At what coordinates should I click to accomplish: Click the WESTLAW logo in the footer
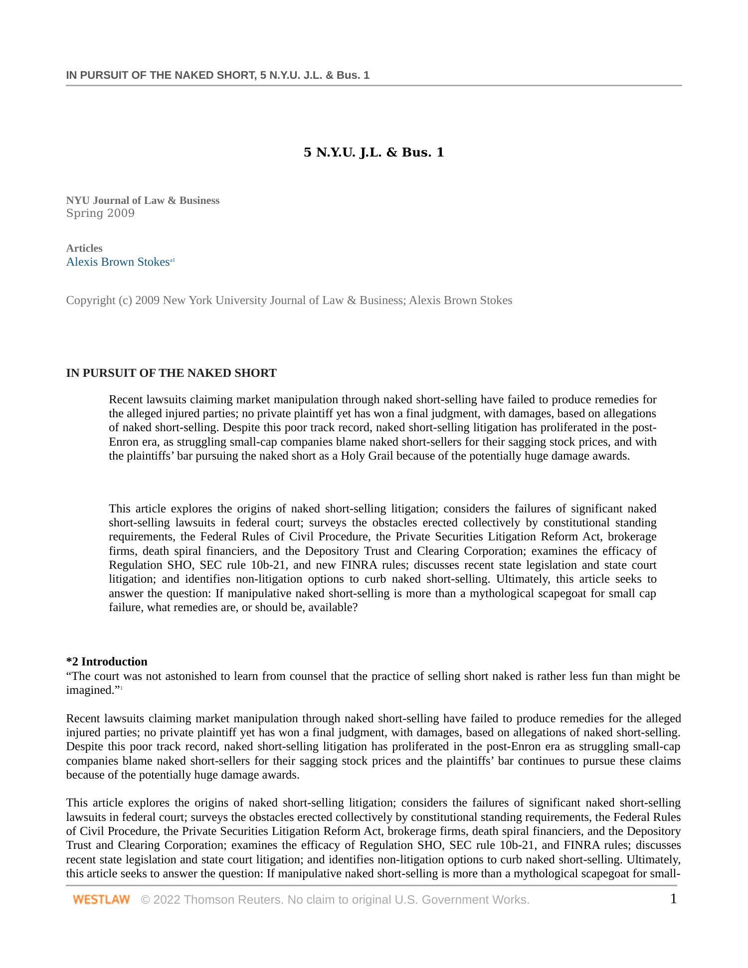101,900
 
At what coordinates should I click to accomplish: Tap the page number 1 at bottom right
673,899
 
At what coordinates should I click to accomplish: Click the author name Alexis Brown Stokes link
118,262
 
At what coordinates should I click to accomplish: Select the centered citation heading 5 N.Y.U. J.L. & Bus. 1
374,153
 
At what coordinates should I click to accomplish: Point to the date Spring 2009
100,213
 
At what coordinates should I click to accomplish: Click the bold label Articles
84,248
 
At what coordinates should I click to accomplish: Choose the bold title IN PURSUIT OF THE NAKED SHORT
171,373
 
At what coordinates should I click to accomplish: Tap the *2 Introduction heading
107,661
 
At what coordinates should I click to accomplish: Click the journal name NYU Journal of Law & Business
143,200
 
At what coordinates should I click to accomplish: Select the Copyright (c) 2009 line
289,301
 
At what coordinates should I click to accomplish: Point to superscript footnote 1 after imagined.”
121,688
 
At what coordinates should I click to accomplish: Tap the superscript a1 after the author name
173,260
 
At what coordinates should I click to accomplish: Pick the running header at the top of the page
217,75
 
